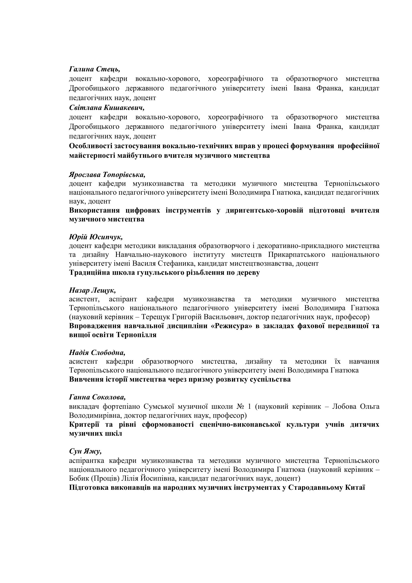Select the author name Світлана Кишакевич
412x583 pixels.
click(107, 108)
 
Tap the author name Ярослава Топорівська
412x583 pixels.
click(107, 175)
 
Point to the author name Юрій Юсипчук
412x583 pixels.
click(96, 237)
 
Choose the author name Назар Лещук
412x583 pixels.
click(92, 290)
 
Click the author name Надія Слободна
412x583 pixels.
click(97, 353)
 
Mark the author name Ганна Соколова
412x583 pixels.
click(97, 397)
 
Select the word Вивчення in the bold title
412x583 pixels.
click(85, 379)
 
